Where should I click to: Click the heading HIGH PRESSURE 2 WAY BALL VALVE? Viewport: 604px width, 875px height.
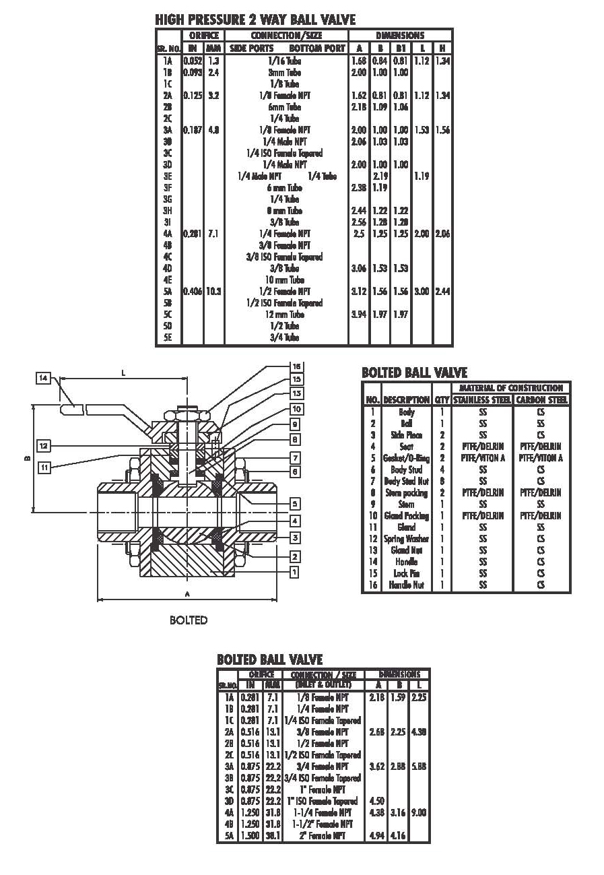point(255,20)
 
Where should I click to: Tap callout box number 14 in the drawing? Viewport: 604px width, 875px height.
point(43,379)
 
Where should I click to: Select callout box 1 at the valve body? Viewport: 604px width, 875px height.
point(294,572)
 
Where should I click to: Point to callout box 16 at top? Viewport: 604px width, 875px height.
point(296,366)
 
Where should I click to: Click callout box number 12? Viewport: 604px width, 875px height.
point(43,446)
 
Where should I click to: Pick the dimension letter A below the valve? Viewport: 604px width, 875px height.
point(187,593)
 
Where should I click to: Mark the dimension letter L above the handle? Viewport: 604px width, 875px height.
point(124,371)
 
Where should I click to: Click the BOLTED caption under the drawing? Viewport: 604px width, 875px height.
point(189,620)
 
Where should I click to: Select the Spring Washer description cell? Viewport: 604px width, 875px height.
point(407,539)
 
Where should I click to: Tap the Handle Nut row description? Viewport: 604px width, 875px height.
point(407,585)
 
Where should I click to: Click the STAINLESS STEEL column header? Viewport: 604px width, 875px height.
point(482,399)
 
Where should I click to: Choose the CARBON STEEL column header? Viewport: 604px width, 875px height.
point(541,399)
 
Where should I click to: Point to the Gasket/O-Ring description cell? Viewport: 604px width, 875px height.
point(407,458)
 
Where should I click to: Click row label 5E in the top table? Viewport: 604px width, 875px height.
point(168,337)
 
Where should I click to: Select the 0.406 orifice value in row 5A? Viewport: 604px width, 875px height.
point(193,292)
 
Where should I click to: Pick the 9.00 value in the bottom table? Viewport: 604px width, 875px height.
point(417,813)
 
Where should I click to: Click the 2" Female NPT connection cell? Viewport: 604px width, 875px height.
point(324,836)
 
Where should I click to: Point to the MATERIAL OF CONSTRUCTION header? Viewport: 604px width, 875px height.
point(511,388)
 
